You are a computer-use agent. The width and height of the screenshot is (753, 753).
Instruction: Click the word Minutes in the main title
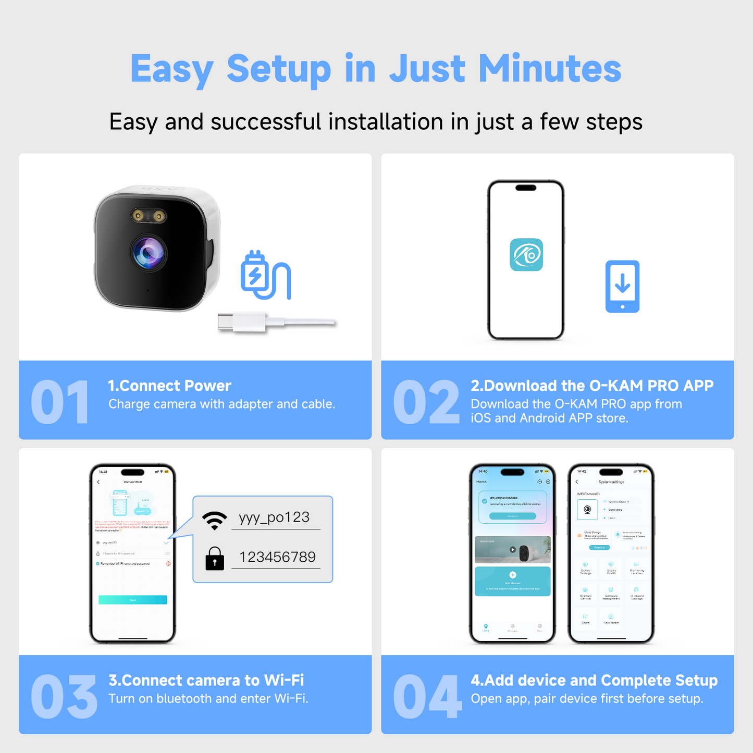point(550,69)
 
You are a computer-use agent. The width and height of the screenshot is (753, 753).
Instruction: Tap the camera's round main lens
point(149,253)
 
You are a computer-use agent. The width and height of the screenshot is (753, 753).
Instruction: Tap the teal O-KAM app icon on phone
point(526,255)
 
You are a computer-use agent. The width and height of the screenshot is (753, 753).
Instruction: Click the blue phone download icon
point(622,287)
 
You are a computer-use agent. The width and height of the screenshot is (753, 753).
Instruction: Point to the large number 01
point(59,402)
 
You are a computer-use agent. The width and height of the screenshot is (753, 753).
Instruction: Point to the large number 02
point(426,402)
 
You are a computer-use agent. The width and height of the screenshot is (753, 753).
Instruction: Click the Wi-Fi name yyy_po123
point(274,517)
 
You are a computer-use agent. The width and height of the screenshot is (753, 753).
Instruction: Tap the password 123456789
point(277,557)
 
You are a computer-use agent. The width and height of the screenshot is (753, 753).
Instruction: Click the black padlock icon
point(215,558)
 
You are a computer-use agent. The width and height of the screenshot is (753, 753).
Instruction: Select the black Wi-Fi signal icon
point(215,520)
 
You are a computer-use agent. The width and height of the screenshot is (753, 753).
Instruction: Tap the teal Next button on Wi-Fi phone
point(133,600)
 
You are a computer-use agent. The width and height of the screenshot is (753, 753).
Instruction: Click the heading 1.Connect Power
point(169,386)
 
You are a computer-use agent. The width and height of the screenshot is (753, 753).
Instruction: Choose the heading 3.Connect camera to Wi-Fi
point(206,680)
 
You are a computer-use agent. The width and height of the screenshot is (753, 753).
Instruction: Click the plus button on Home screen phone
point(513,575)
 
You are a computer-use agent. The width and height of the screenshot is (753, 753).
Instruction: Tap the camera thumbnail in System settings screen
point(587,510)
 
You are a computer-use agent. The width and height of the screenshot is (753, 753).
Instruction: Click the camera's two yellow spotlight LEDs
point(149,215)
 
